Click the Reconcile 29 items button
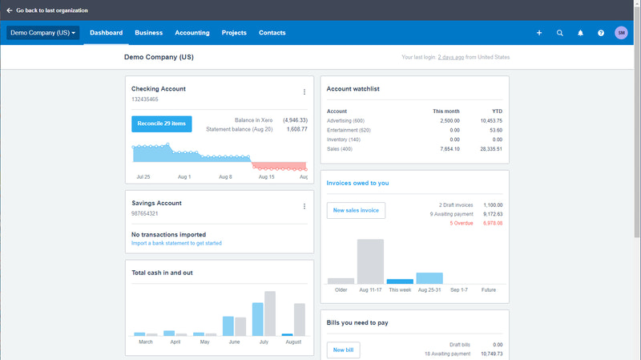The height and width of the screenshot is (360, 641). pos(161,123)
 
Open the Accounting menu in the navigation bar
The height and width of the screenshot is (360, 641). pos(192,33)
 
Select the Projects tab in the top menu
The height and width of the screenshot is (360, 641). pos(234,33)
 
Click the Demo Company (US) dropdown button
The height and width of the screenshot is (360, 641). pos(43,33)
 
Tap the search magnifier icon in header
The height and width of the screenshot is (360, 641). pos(559,33)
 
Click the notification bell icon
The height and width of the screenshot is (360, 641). pos(580,33)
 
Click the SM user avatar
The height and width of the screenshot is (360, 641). pos(621,33)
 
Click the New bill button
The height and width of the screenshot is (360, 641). pos(343,350)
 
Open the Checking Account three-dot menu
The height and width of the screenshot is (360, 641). pos(304,92)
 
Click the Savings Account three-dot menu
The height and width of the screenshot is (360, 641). pos(304,206)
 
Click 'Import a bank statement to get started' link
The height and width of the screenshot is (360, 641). pos(176,243)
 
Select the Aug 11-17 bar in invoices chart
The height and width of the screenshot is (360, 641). pos(370,261)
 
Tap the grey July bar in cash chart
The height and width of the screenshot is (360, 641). pos(270,313)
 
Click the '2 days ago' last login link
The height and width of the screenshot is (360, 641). pos(450,58)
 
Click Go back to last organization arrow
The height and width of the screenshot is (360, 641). pos(10,10)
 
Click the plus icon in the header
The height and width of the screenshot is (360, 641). pos(539,33)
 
